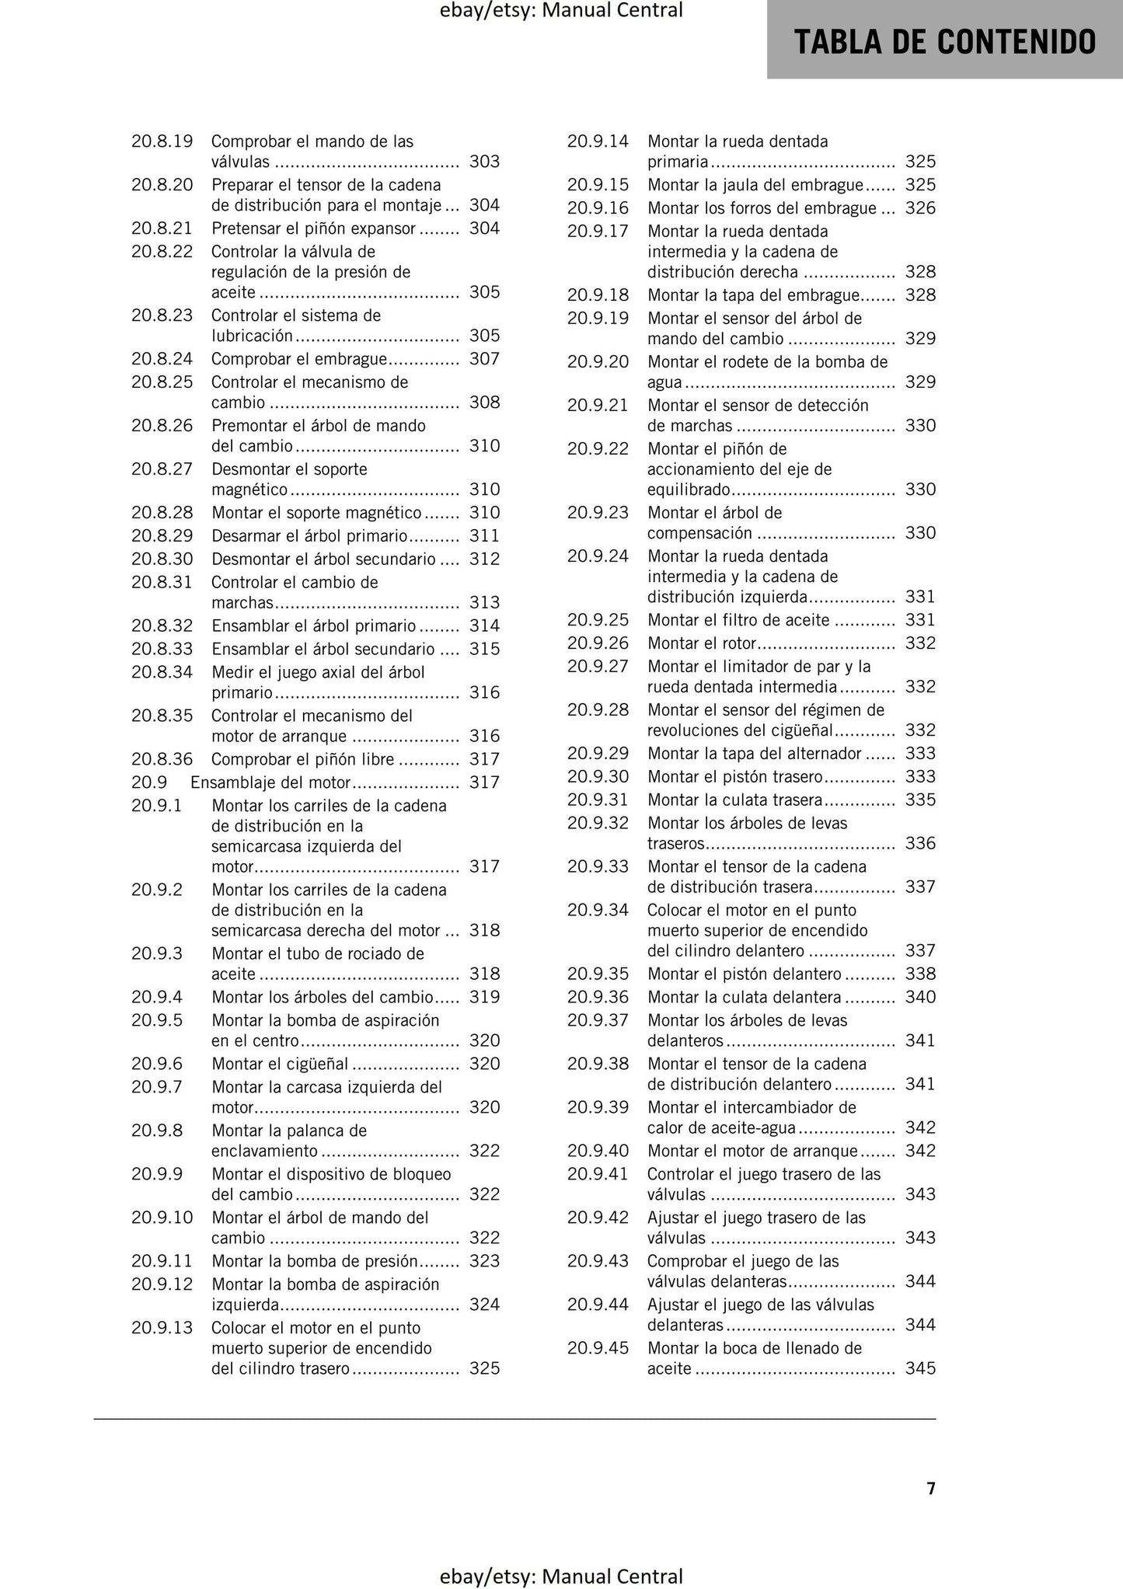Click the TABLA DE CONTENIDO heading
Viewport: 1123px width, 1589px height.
[944, 42]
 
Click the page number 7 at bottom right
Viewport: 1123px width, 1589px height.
[930, 1488]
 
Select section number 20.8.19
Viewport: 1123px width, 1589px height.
[162, 141]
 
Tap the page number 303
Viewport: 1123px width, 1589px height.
[484, 162]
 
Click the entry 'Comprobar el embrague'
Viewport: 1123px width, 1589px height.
[298, 359]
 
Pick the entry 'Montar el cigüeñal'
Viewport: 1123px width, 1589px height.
[280, 1064]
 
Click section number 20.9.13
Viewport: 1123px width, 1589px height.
[162, 1328]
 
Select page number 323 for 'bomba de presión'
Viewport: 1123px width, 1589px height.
[484, 1261]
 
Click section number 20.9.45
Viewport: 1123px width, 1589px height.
[598, 1348]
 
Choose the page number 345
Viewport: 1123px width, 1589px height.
[920, 1368]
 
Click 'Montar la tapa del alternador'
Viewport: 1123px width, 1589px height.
[754, 754]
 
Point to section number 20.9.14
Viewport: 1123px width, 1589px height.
[598, 141]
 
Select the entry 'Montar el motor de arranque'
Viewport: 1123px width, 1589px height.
[752, 1151]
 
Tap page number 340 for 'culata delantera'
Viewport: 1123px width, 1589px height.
[920, 997]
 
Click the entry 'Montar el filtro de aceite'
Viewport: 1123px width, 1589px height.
[738, 620]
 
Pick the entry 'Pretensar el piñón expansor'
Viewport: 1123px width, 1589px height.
[314, 228]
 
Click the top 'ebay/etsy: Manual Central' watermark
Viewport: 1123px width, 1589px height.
[561, 11]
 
